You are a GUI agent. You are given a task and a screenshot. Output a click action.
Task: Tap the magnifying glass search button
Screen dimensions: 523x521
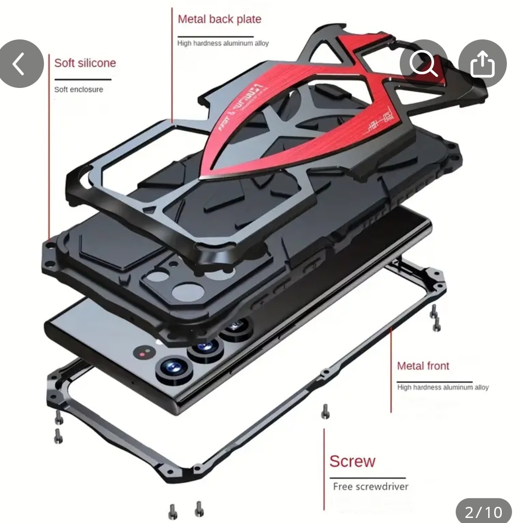tap(423, 64)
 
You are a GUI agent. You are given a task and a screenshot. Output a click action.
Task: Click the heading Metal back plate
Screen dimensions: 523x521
tap(219, 20)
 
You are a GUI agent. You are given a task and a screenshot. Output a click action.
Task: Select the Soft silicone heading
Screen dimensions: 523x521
tap(85, 63)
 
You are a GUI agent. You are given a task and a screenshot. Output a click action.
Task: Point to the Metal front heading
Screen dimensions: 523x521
tap(423, 366)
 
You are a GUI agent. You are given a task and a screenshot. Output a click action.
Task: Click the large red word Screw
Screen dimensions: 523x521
tap(353, 461)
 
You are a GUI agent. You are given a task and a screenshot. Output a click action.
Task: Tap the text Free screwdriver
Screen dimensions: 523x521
tap(370, 487)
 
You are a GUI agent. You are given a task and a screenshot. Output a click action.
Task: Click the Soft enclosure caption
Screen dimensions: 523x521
tap(78, 89)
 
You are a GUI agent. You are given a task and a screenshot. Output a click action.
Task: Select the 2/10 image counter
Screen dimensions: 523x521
tap(483, 511)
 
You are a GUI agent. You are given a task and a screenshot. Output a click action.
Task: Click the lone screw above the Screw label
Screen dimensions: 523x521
tap(325, 412)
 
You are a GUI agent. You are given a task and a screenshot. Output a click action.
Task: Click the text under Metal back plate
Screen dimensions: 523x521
tap(223, 43)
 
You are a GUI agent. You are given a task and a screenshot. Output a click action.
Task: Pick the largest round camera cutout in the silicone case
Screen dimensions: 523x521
tap(187, 292)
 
